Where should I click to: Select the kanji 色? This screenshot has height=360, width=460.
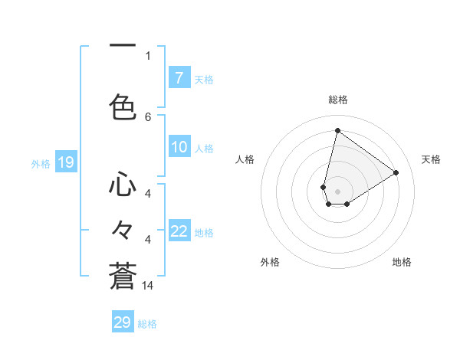point(123,106)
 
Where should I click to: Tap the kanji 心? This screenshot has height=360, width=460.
point(123,185)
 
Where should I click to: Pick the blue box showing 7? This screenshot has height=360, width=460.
point(179,78)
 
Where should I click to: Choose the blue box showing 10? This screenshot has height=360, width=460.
point(179,147)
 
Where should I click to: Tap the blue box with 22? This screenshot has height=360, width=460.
point(179,231)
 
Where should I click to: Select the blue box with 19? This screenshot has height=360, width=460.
point(65,162)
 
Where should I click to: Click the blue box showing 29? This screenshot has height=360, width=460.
point(123,322)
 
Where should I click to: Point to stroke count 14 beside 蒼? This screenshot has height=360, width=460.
point(148,286)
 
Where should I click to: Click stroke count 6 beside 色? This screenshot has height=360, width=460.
point(148,116)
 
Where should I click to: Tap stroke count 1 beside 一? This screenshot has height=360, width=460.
point(148,55)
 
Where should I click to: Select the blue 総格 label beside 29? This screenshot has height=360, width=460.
point(147,324)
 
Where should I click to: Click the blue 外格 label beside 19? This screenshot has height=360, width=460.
point(41,163)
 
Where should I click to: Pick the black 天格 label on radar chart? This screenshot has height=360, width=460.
point(431,159)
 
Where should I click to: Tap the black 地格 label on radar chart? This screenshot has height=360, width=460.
point(402,262)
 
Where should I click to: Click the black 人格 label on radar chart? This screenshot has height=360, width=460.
point(245,159)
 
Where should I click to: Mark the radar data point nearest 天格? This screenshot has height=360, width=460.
point(396,173)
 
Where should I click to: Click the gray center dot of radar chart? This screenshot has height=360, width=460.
point(337,191)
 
